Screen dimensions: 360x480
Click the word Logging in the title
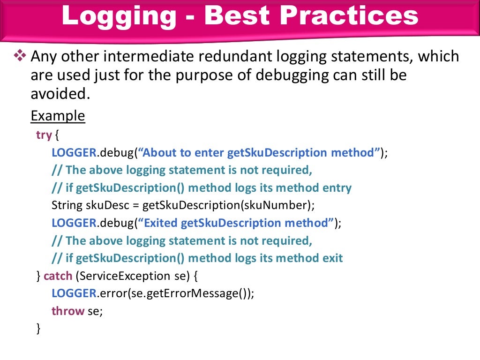click(x=119, y=16)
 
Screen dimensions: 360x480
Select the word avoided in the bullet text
click(x=59, y=93)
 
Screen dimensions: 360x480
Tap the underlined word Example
click(x=58, y=115)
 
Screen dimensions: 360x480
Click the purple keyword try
click(x=44, y=135)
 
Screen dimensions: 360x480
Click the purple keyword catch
click(x=58, y=276)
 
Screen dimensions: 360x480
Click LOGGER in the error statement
click(x=74, y=293)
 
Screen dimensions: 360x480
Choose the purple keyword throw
click(x=68, y=311)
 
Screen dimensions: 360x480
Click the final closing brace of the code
click(x=38, y=329)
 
